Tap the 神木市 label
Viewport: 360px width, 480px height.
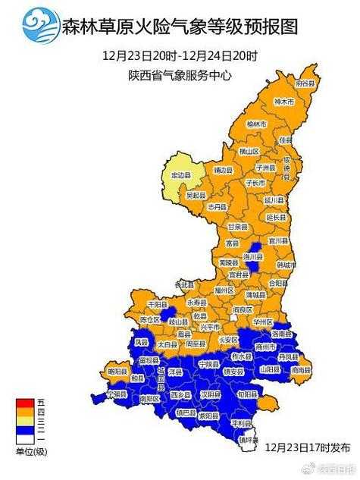pos(282,102)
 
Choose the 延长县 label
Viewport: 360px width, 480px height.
pos(276,218)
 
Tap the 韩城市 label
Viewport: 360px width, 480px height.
pos(284,265)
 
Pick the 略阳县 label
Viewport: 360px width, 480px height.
pos(116,371)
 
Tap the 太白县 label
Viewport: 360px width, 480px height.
pos(167,344)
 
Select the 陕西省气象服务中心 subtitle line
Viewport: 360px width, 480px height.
pos(180,75)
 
